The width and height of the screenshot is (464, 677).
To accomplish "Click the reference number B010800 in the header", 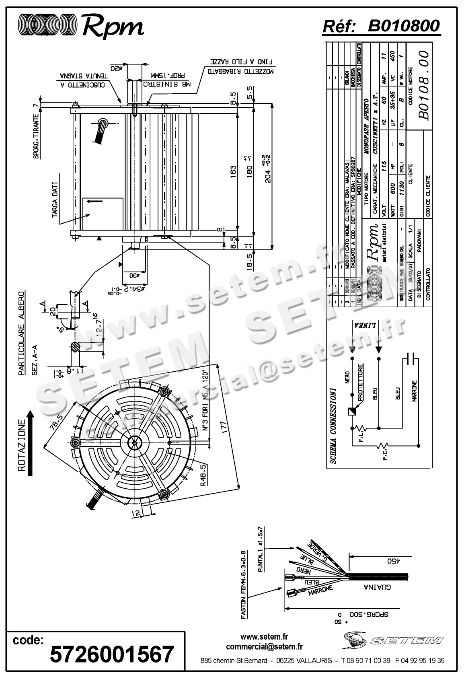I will point(404,26).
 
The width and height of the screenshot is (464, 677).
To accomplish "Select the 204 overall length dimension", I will point(268,169).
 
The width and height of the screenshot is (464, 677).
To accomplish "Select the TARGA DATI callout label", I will point(55,200).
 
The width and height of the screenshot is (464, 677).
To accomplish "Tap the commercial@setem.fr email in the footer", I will point(264,647).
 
